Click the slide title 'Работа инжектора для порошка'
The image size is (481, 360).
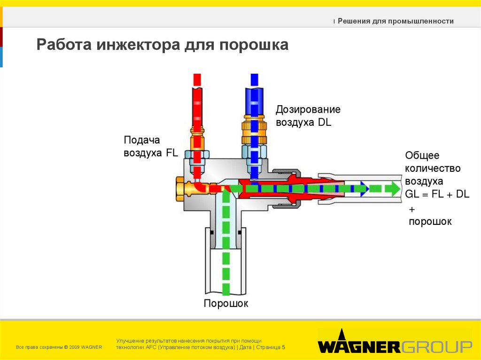point(163,46)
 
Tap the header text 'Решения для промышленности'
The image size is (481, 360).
point(396,21)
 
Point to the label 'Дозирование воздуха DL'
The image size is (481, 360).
point(308,115)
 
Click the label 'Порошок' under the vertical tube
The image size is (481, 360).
point(225,304)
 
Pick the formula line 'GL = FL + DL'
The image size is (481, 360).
point(437,194)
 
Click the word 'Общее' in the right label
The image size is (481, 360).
point(422,155)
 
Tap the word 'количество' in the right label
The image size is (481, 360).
point(433,168)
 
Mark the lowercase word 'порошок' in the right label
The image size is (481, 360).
point(430,222)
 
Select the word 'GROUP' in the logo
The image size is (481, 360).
point(436,347)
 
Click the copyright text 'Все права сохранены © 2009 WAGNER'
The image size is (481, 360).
point(59,347)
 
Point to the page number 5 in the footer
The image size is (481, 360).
point(284,347)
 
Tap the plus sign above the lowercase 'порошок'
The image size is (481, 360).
point(412,208)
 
